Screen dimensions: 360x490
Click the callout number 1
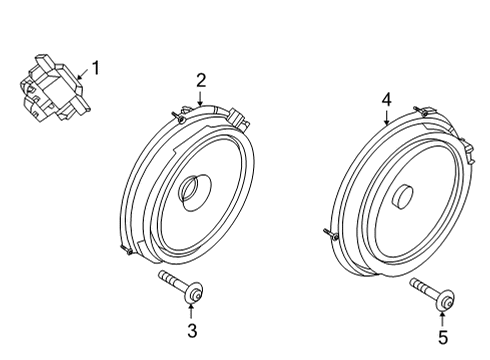pos(96,68)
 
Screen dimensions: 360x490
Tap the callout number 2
pos(201,80)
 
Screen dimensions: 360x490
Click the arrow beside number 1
pos(83,72)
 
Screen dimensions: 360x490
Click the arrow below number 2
pos(201,99)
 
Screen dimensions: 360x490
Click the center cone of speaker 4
pos(405,197)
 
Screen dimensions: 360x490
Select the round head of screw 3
pos(197,293)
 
